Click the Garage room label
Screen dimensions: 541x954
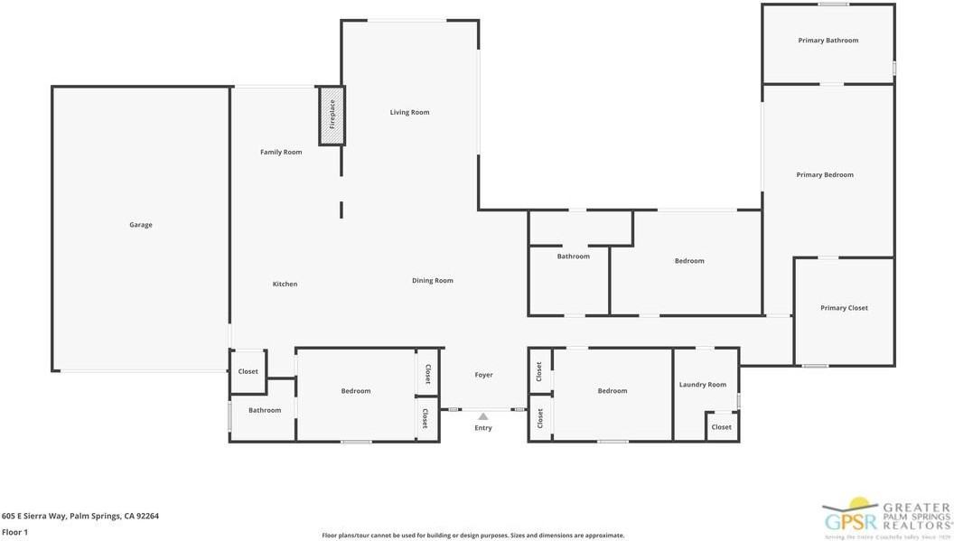140,225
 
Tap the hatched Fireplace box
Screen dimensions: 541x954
332,116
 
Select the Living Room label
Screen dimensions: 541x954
409,112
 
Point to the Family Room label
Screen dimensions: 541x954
281,152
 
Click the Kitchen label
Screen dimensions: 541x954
285,284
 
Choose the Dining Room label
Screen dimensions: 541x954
432,280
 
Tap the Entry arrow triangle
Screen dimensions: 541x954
483,416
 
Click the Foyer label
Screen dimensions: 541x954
483,375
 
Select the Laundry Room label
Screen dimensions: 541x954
702,385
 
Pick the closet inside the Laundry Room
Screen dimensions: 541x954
721,427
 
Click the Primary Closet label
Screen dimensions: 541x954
844,308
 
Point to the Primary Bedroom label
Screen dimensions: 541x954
824,174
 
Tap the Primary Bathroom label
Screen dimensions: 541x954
828,41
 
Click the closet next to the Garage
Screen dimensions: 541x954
248,371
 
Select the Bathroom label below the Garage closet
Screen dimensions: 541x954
265,410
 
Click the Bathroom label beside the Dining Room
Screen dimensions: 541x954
573,257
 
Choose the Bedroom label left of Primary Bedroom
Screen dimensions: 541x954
689,261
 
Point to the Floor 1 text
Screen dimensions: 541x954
15,532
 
